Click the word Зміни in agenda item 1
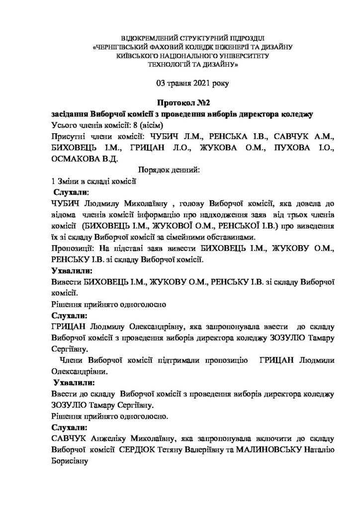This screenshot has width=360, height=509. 69,181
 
